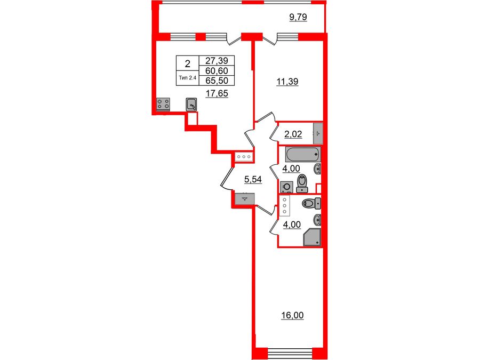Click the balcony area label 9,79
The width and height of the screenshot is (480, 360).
click(x=299, y=18)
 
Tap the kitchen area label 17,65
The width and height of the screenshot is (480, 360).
click(x=217, y=93)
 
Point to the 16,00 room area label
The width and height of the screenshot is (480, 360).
click(x=292, y=316)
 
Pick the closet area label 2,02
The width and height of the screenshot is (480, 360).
click(x=293, y=134)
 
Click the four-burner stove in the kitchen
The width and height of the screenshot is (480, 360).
click(x=163, y=105)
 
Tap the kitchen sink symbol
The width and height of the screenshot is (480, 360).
click(x=192, y=105)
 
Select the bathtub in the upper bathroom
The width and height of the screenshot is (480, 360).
click(x=303, y=155)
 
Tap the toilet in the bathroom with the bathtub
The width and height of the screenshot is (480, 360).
click(x=302, y=182)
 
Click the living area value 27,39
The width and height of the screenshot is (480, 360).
click(x=216, y=61)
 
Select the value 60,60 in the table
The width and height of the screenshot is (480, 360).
click(x=216, y=71)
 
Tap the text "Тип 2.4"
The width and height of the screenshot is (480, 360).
click(x=187, y=78)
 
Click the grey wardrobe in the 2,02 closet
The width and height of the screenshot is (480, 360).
click(x=318, y=131)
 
